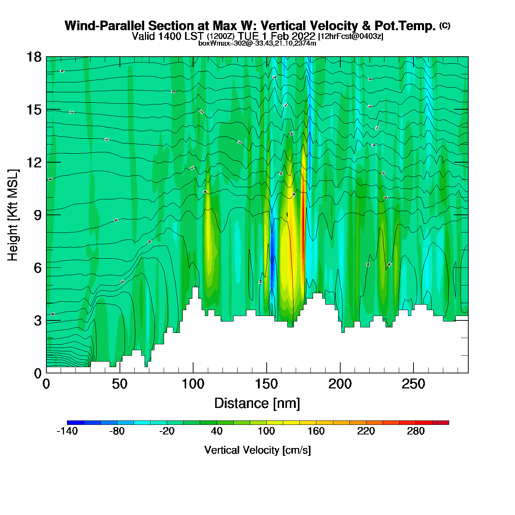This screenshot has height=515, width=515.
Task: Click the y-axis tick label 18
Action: tap(33, 57)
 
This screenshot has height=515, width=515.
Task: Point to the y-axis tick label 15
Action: tap(33, 110)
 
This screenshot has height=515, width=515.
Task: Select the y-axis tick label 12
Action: tap(33, 162)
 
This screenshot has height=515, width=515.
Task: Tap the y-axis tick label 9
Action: tap(38, 215)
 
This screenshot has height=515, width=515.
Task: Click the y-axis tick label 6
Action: tap(38, 268)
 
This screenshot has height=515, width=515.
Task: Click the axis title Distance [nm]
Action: tap(257, 404)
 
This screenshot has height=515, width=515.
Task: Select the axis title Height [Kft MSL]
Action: tap(13, 215)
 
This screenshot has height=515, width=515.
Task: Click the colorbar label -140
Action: tap(67, 431)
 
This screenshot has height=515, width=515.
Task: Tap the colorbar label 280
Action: tap(416, 431)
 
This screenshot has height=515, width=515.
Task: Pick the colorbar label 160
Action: tap(316, 431)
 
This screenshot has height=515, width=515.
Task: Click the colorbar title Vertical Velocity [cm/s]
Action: tap(257, 450)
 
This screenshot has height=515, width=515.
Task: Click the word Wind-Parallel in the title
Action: tap(106, 26)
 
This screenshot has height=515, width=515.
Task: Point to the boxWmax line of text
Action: tap(257, 43)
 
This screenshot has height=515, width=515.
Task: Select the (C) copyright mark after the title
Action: tap(445, 25)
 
